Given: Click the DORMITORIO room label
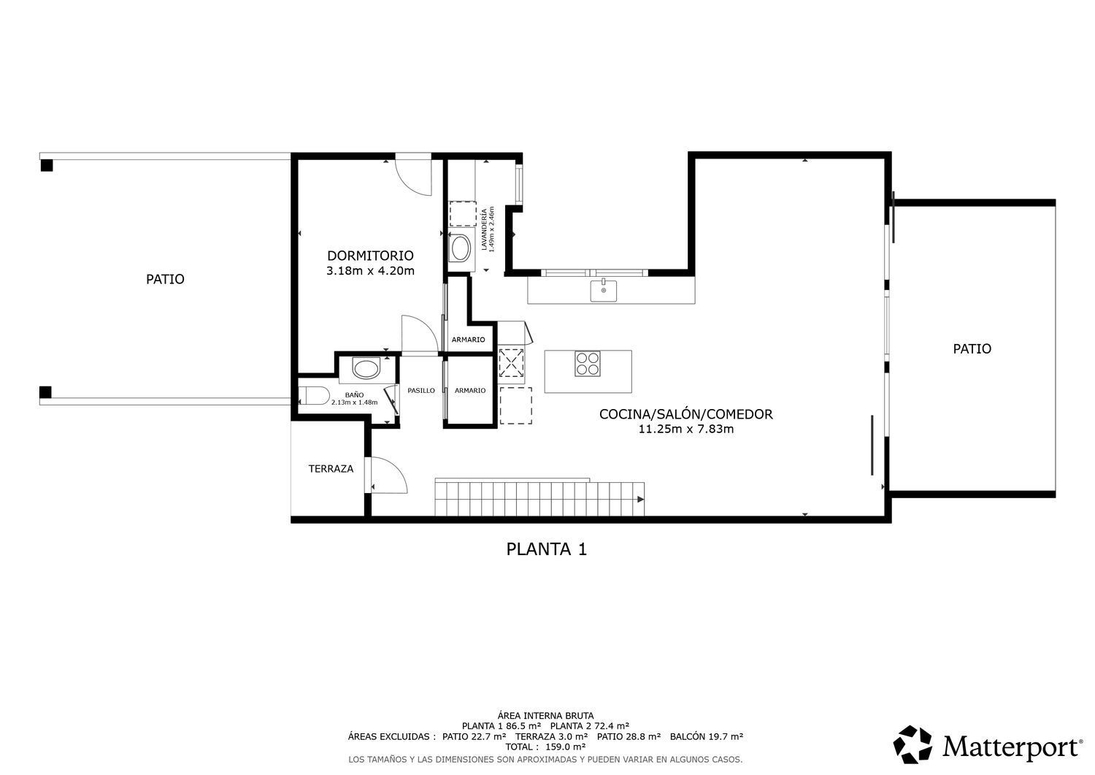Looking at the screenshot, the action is [x=370, y=256].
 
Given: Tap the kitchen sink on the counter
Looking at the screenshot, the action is [x=603, y=290].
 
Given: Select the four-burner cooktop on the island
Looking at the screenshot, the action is [x=588, y=364].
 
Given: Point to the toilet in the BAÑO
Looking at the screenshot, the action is [x=314, y=395].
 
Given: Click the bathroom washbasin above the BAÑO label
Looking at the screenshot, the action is [x=366, y=368].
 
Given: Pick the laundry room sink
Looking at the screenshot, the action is [x=460, y=248].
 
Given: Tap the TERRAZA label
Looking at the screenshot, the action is [x=331, y=469].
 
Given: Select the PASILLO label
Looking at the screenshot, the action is [x=421, y=391].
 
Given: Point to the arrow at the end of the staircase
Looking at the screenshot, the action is [x=640, y=499].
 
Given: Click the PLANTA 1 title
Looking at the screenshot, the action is [x=546, y=549].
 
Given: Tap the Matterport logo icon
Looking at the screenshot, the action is [x=912, y=745].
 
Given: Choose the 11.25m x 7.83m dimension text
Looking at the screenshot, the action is [x=686, y=430].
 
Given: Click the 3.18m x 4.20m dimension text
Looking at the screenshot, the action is [x=370, y=270].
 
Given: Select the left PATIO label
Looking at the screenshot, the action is [x=165, y=279].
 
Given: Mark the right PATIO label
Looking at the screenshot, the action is [x=972, y=349].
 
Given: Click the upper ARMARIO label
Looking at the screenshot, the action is [x=469, y=340].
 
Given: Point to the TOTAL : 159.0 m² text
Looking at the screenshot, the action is [x=545, y=747].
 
